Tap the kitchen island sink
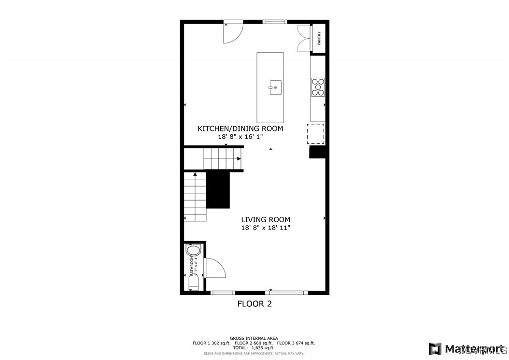[x=274, y=87]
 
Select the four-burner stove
[x=318, y=87]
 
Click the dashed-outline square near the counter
[x=316, y=134]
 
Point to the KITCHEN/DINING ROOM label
[x=240, y=129]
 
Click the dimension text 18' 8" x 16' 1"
[x=240, y=137]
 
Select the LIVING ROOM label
[x=266, y=220]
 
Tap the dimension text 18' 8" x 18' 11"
[x=266, y=228]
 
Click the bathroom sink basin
[x=193, y=250]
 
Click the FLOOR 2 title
[x=254, y=304]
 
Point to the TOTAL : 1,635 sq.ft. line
[x=254, y=348]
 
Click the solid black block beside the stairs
[x=218, y=189]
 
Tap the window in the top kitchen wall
[x=275, y=22]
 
